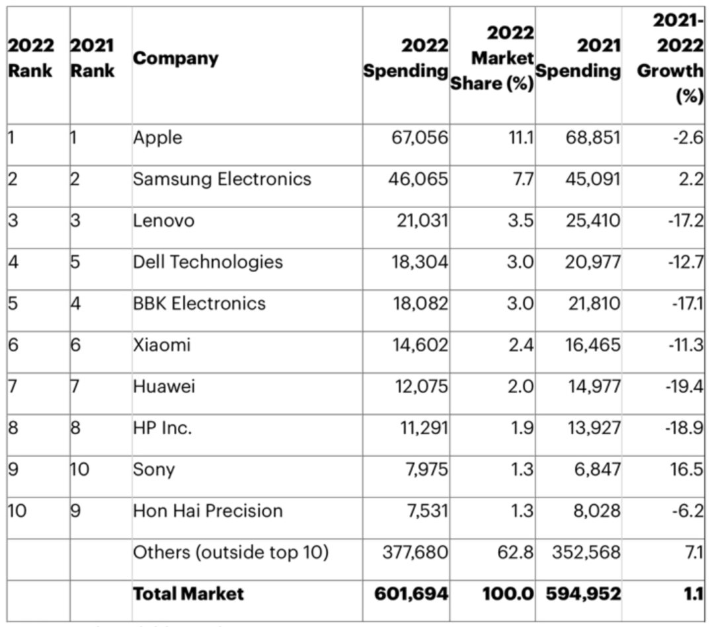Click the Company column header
tap(175, 58)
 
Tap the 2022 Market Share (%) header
tap(493, 59)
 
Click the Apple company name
tap(157, 138)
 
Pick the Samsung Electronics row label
tap(221, 179)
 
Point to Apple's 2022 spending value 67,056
tap(418, 138)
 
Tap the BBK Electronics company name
tap(199, 303)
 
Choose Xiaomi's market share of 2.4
tap(520, 345)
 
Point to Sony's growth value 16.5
tap(688, 469)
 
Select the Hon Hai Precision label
tap(208, 511)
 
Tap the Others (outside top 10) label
tap(231, 552)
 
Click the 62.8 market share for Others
tap(516, 552)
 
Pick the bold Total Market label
tap(188, 594)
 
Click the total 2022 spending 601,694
tap(411, 594)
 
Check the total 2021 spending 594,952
tap(583, 594)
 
